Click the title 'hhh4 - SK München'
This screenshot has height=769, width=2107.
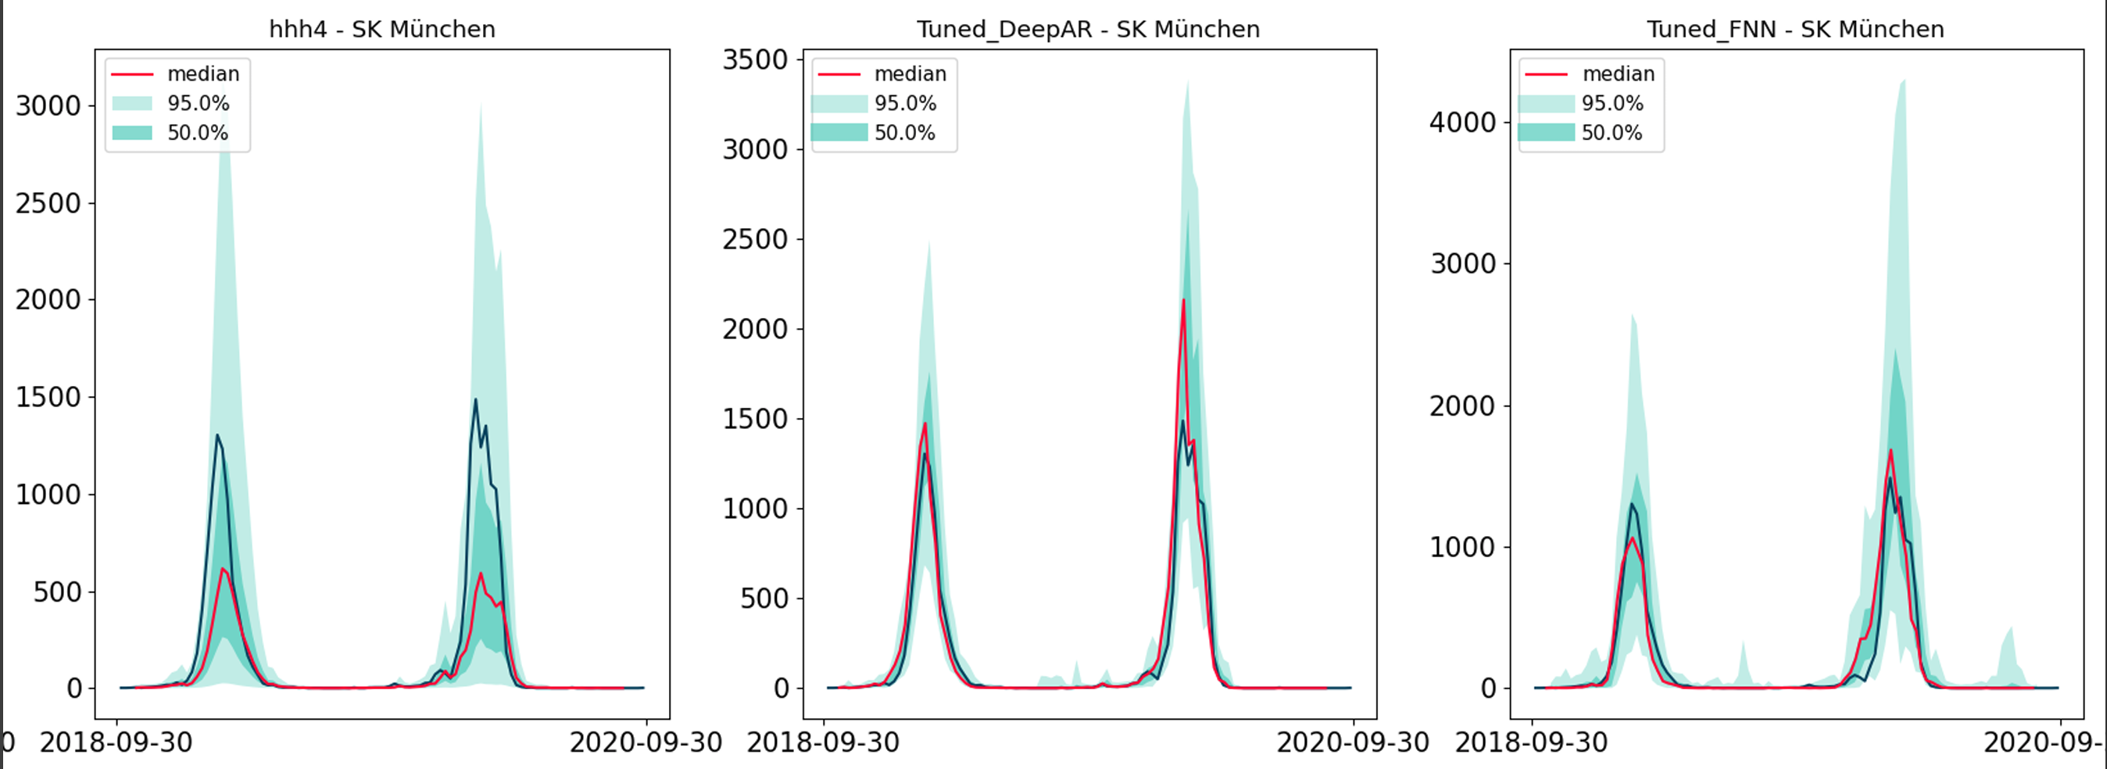click(382, 30)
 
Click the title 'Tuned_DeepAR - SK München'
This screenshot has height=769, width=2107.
click(1088, 30)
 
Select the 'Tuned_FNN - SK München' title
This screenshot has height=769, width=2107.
click(1795, 30)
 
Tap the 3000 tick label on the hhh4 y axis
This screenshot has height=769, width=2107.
click(48, 106)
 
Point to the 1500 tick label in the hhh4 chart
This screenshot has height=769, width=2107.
click(48, 398)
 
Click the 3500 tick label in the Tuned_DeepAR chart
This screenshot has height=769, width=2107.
click(755, 59)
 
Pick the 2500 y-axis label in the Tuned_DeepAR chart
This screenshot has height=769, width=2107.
click(755, 240)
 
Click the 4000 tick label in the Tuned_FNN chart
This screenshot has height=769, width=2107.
click(1462, 123)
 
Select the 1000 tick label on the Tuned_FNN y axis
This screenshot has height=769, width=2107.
click(1462, 547)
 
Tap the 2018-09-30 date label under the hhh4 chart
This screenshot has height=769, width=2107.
click(116, 743)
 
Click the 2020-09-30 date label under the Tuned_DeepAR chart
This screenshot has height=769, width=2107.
click(1353, 743)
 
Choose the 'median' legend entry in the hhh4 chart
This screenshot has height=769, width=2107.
click(203, 73)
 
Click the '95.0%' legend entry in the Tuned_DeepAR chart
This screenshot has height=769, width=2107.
click(905, 103)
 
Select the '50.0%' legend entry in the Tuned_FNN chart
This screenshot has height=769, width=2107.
click(1612, 133)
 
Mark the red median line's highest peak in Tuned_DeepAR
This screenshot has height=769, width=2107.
click(1183, 300)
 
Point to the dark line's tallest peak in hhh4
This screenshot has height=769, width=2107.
click(475, 399)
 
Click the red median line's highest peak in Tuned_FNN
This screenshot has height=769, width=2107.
click(1891, 450)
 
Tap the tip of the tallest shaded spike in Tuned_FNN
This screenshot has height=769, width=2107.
click(1905, 80)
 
